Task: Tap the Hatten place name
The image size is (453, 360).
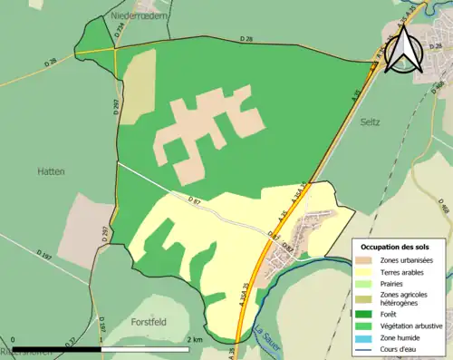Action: coord(50,170)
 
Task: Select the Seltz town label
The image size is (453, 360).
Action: coord(370,121)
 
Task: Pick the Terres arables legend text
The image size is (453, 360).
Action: coord(405,271)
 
